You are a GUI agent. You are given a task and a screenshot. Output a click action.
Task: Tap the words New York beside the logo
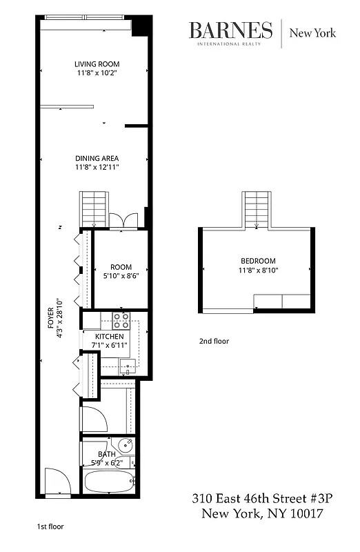point(312,32)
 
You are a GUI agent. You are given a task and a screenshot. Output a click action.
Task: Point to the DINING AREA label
point(97,158)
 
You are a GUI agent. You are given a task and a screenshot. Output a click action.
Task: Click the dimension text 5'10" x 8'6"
point(121,276)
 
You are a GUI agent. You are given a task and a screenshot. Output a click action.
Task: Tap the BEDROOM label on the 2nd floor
point(258,261)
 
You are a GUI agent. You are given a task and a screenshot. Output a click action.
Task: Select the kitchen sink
point(126,366)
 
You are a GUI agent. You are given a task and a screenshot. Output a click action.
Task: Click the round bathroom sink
point(125,444)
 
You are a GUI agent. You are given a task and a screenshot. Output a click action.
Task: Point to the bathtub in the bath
point(109,481)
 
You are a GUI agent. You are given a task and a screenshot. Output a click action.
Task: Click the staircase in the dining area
point(92,209)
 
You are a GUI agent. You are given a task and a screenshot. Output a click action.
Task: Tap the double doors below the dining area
point(128,219)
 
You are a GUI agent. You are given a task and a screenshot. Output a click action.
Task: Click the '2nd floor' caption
point(214,341)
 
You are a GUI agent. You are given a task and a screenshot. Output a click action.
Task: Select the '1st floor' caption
point(50,526)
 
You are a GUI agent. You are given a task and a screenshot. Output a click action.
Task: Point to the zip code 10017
point(299,514)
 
